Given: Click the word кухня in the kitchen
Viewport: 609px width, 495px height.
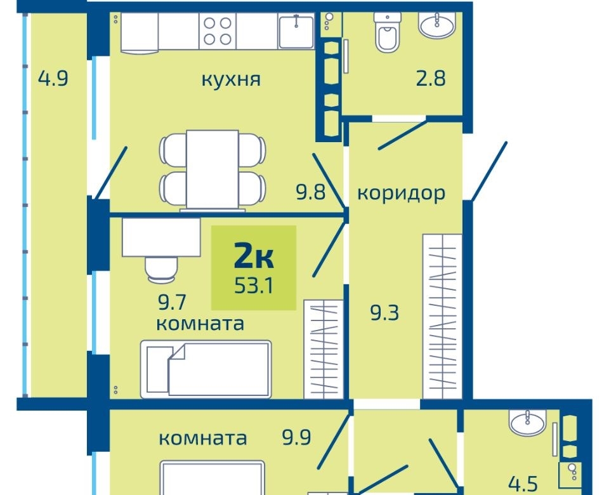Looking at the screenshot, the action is click(231, 80).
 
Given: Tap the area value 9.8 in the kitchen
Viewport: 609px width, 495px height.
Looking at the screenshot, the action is click(311, 192).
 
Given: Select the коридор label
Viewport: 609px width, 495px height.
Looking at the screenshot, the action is click(401, 193).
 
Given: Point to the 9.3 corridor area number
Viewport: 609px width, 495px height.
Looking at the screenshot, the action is click(384, 313).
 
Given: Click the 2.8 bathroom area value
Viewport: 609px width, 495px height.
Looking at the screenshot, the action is click(431, 79).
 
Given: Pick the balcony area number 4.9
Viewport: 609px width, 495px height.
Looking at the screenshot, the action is click(53, 79).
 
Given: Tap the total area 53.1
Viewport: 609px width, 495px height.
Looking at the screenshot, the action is click(254, 286).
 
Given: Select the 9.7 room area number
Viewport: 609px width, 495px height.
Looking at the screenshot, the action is click(173, 303).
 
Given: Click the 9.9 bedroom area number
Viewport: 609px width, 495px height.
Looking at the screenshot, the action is click(297, 438).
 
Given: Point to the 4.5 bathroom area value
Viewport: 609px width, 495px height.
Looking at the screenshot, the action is click(523, 484).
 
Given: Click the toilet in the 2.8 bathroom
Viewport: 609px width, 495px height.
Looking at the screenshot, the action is click(387, 32).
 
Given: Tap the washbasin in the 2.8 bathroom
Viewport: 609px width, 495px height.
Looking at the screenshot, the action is click(437, 25).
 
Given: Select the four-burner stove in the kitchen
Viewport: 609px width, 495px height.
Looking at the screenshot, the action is click(218, 31).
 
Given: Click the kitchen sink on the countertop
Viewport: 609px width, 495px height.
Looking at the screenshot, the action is click(296, 31).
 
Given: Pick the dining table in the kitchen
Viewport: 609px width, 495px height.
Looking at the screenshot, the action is click(213, 169).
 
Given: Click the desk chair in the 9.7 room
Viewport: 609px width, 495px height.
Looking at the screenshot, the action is click(160, 268).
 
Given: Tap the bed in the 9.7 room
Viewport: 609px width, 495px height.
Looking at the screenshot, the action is click(206, 369).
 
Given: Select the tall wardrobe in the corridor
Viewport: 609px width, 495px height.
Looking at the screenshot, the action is click(442, 316).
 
